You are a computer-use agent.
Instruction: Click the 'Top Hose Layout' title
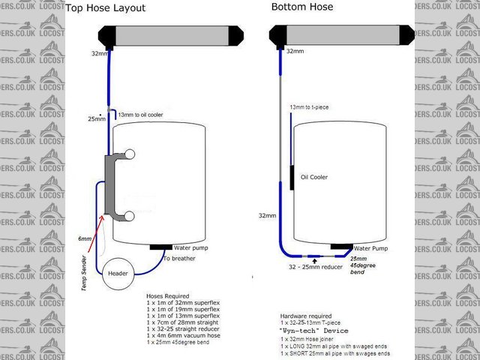(105, 9)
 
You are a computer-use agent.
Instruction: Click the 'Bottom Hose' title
(301, 7)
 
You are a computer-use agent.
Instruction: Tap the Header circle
(118, 274)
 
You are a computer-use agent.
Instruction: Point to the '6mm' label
(85, 238)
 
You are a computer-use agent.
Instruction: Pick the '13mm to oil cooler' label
(142, 114)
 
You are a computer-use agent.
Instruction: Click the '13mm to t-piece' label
(309, 108)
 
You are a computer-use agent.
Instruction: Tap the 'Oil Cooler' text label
(315, 178)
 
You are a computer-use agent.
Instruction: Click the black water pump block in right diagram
(342, 246)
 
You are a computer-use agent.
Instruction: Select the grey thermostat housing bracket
(112, 184)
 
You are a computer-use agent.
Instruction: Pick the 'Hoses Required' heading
(169, 296)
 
